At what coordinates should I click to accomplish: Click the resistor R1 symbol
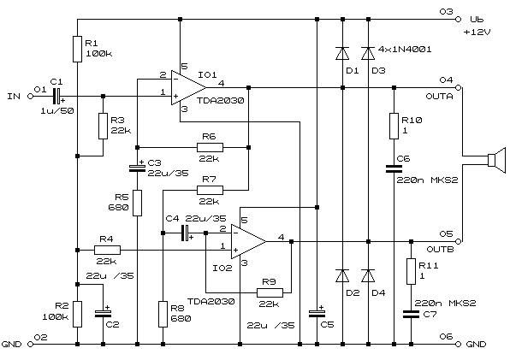tap(77, 47)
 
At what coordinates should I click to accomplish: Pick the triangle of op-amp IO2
tap(248, 241)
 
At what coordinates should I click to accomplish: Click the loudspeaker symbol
tap(489, 160)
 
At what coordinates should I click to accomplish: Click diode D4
tap(368, 275)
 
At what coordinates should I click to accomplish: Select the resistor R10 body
tap(393, 124)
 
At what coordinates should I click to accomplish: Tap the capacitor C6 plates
tap(393, 165)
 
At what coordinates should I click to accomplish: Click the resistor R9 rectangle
tap(268, 292)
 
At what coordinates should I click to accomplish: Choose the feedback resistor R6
tap(209, 146)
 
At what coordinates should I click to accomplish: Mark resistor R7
tap(209, 189)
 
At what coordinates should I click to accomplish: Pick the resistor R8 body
tap(163, 313)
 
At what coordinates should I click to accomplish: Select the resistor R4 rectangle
tap(107, 249)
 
